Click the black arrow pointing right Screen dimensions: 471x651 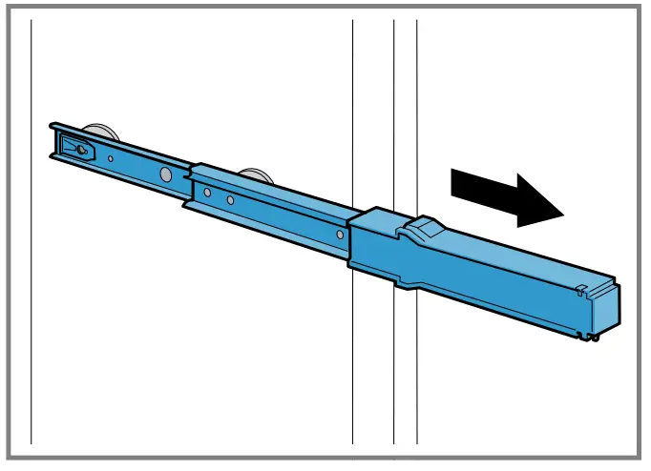coord(506,197)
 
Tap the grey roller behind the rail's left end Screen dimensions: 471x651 coord(95,132)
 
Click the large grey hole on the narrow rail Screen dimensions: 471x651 coord(166,174)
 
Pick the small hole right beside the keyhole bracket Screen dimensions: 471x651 coord(112,158)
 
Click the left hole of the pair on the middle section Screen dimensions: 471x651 coord(207,193)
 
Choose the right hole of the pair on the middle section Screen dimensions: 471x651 coord(230,200)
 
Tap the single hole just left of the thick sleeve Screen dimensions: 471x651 coord(339,234)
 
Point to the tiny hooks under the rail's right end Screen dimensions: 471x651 coord(594,335)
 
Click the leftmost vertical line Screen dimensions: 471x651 coord(31,286)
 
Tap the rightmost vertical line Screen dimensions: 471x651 coord(417,381)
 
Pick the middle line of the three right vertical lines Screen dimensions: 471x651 coord(394,381)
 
